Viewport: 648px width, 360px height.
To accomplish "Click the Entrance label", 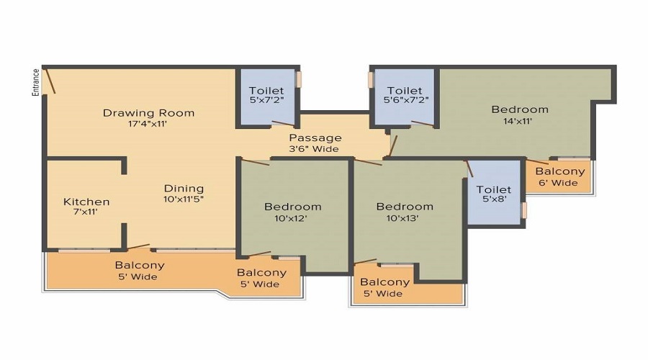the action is [36, 82].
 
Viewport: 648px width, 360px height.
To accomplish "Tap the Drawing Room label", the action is [149, 113].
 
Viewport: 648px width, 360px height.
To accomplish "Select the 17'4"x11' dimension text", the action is [148, 124].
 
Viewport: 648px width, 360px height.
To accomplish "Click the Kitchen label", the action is [86, 202].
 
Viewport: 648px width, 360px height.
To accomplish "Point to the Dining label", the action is [184, 189].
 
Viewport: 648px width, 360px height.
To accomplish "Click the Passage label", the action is [315, 138].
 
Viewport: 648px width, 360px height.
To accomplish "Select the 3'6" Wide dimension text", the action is [314, 149].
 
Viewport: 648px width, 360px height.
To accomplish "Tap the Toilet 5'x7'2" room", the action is [267, 96].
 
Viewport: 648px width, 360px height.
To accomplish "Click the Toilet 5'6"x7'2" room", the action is [404, 96].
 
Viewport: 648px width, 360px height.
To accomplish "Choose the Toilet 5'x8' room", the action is [494, 192].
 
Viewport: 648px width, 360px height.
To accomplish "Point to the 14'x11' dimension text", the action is [518, 121].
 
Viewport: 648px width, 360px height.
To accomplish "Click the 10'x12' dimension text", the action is [291, 218].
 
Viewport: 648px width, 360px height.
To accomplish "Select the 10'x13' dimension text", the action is [402, 218].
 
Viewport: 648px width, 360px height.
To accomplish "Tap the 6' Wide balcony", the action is [557, 176].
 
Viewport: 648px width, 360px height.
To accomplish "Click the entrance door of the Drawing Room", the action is [50, 81].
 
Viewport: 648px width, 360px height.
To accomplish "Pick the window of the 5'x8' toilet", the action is [524, 210].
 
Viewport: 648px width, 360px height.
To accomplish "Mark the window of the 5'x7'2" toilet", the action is [299, 79].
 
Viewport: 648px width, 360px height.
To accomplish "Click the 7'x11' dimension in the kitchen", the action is [85, 212].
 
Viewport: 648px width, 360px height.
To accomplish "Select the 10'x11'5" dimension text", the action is [184, 199].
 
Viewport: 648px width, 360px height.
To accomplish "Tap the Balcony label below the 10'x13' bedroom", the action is [384, 282].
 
